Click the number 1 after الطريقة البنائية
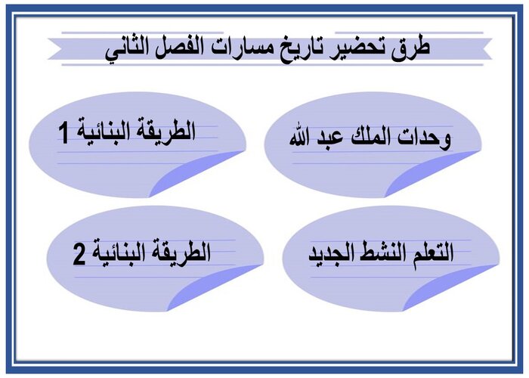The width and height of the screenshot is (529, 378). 64,134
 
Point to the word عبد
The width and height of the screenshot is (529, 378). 328,138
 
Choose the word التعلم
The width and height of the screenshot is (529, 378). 432,254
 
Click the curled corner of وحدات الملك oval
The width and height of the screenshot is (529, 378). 431,178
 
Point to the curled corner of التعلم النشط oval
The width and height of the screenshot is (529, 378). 446,291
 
